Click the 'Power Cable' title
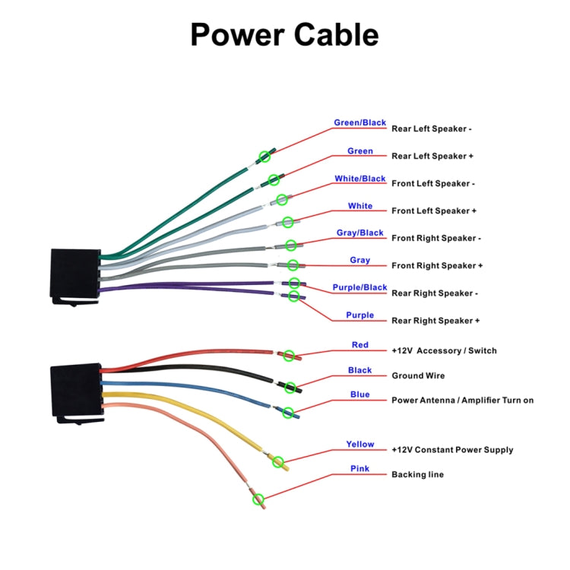click(x=283, y=35)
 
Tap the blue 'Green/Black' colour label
click(x=359, y=123)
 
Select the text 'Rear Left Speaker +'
click(x=432, y=156)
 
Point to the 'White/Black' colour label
click(x=360, y=179)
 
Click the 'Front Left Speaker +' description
click(x=433, y=211)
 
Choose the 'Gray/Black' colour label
click(x=360, y=233)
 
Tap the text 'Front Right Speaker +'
click(x=437, y=265)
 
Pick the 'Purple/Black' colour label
click(x=359, y=287)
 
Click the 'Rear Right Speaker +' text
click(x=435, y=321)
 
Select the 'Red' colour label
click(x=360, y=345)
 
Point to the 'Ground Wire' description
click(x=418, y=375)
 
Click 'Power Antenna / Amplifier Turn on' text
click(x=462, y=400)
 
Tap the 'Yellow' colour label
click(x=360, y=445)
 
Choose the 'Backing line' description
click(x=417, y=474)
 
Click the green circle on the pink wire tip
click(x=258, y=499)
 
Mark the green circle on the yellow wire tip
click(x=278, y=461)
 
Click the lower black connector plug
click(x=74, y=391)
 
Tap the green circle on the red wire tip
click(x=287, y=354)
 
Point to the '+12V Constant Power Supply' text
click(x=452, y=450)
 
